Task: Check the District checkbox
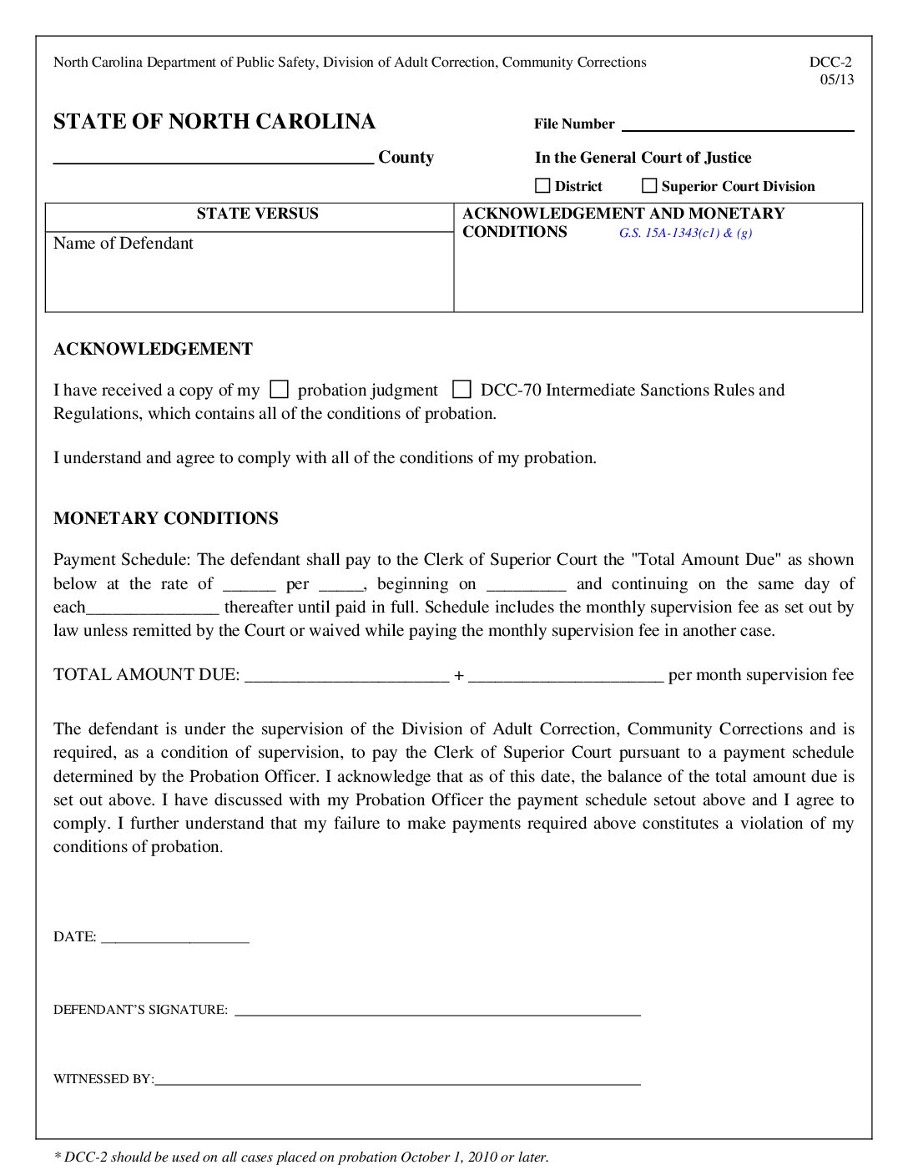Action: click(542, 186)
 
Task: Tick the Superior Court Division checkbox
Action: click(649, 186)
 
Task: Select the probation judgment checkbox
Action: click(280, 390)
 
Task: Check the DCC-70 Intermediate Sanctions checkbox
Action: click(462, 390)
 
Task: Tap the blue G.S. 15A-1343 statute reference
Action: click(685, 233)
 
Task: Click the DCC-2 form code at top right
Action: click(830, 62)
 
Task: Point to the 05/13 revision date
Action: click(837, 80)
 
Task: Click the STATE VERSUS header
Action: click(257, 214)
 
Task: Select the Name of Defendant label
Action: click(124, 244)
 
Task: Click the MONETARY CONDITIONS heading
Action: click(166, 518)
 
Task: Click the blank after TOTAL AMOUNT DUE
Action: click(347, 676)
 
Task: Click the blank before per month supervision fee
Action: click(566, 676)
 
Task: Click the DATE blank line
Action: click(175, 938)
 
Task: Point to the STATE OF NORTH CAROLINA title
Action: click(214, 122)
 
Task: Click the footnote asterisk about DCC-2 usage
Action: click(58, 1156)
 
